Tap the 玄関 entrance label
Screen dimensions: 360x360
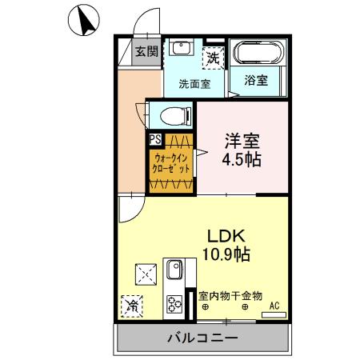[146, 53]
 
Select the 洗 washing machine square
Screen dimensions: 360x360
[214, 57]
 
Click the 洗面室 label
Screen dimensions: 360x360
[194, 82]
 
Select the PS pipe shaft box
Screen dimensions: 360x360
[154, 138]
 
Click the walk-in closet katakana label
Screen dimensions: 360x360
[171, 163]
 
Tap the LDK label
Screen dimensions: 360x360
[230, 237]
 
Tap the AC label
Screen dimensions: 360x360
[274, 305]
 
